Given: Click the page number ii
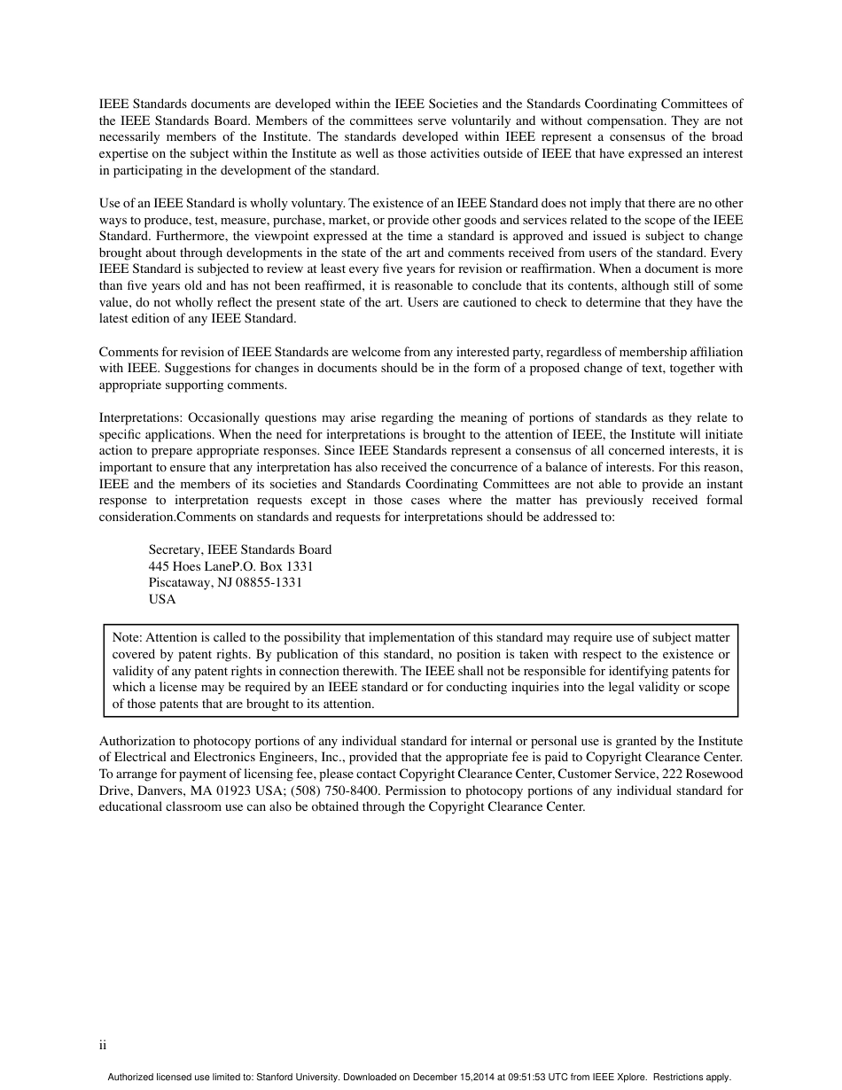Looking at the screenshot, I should [103, 1046].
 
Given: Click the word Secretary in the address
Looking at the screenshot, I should [175, 549].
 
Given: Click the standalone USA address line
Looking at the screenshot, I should [162, 599].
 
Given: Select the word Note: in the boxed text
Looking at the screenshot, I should [128, 637].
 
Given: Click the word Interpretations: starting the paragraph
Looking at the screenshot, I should [142, 417].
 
